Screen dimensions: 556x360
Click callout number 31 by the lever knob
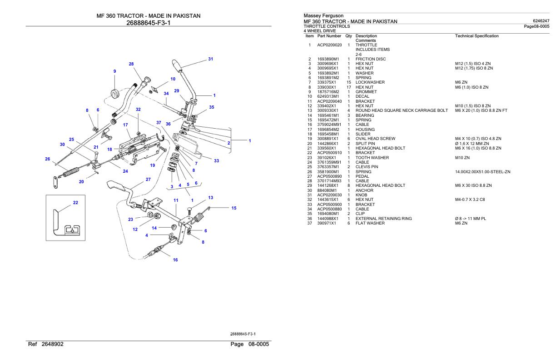tap(210, 59)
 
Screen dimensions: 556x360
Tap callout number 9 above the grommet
tap(114, 71)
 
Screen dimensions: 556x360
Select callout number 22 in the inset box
tap(76, 203)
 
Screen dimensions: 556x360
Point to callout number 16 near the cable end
tap(175, 260)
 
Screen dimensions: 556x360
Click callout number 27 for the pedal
tap(148, 180)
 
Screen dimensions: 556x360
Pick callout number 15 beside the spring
tap(234, 208)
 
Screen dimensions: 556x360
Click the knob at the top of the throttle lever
tap(177, 64)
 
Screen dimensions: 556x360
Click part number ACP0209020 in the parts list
tap(329, 45)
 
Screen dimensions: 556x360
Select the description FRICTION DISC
tap(371, 59)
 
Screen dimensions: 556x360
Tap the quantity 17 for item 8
tap(349, 87)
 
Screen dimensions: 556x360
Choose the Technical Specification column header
tap(477, 36)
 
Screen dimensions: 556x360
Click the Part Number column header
tap(329, 36)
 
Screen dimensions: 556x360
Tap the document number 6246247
tap(541, 21)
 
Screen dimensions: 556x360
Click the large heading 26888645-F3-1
tap(149, 23)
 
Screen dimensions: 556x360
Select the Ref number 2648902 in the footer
tap(53, 344)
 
